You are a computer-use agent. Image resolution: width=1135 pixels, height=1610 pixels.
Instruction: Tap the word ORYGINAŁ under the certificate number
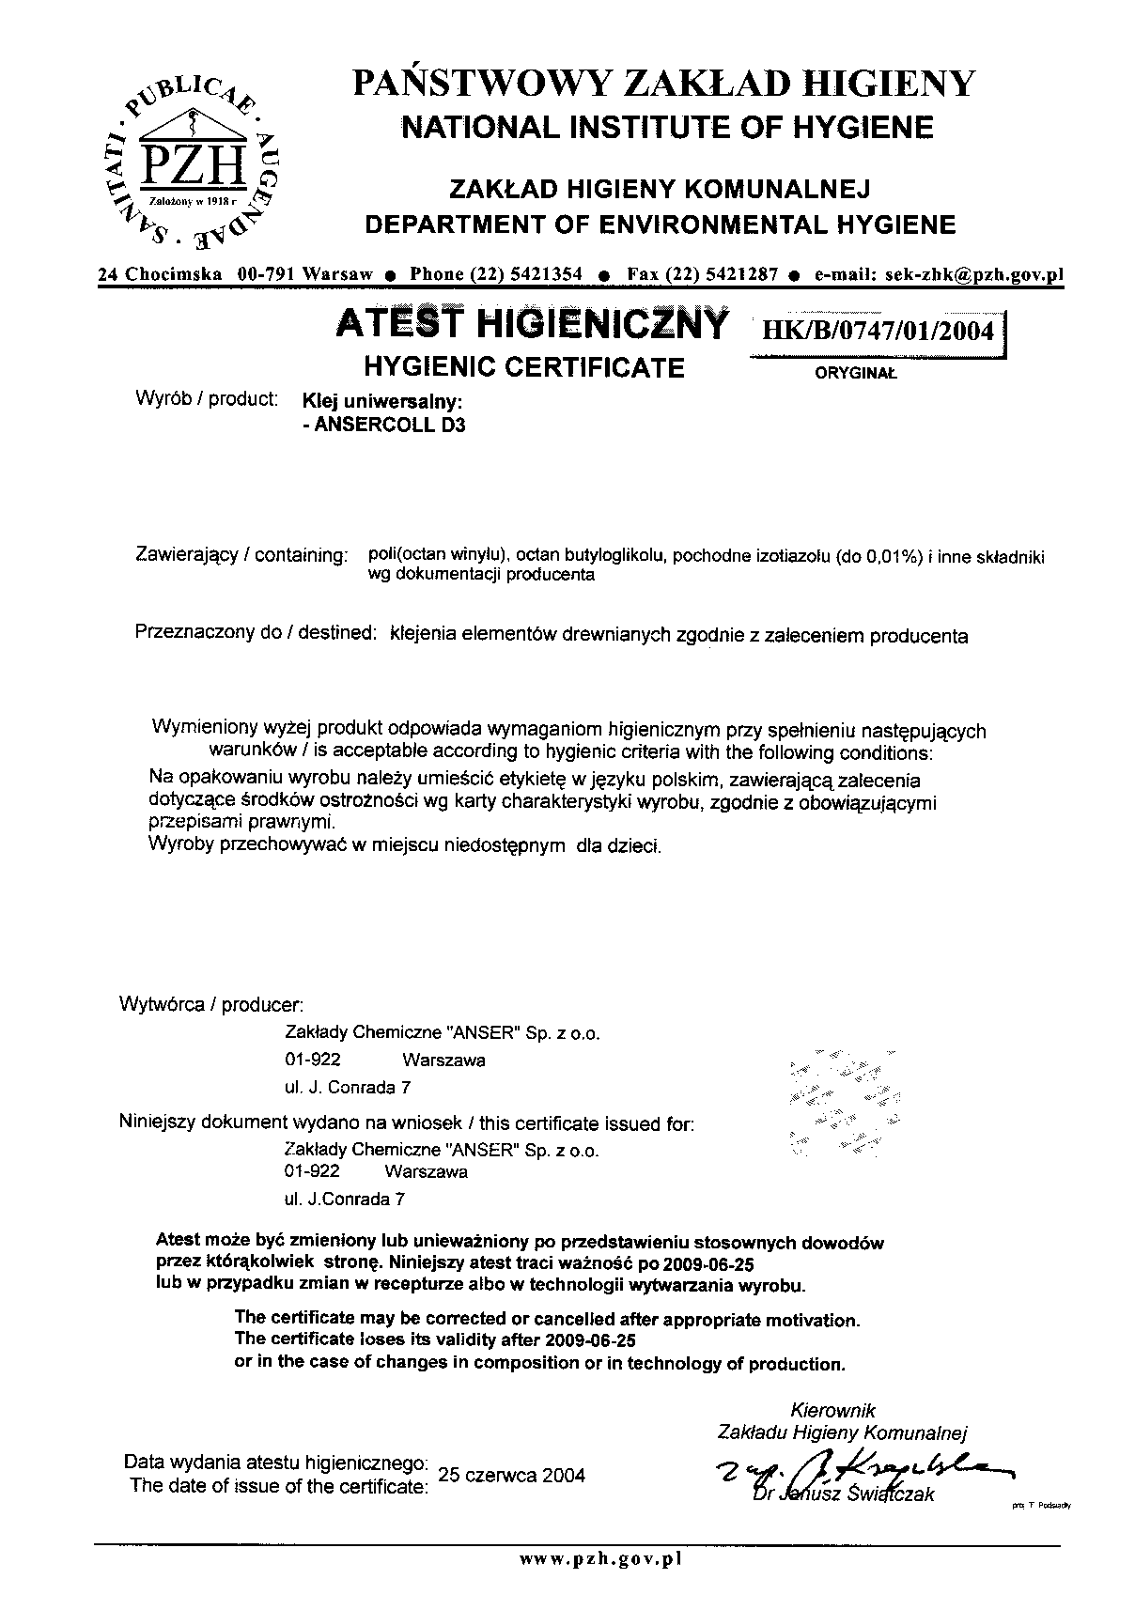[854, 373]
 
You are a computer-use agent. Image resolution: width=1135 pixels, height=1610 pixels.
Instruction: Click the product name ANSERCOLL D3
[383, 425]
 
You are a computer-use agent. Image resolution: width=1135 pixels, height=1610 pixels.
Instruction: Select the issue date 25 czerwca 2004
[511, 1475]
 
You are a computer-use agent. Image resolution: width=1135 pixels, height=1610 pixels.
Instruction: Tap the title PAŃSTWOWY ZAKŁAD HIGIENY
[664, 85]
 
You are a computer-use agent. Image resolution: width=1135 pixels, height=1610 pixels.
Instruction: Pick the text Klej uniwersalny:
[381, 400]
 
